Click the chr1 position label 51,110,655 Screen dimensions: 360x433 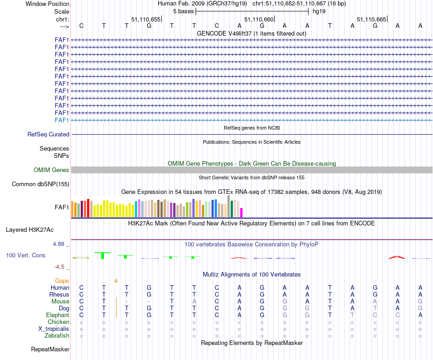(146, 19)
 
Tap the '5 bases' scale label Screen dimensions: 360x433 (183, 11)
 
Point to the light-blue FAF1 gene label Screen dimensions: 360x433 (62, 120)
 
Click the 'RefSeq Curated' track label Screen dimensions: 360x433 (48, 135)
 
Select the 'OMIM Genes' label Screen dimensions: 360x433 (52, 170)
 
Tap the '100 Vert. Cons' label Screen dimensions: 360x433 (26, 255)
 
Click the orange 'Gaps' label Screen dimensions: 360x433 (62, 281)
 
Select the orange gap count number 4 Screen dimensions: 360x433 (116, 281)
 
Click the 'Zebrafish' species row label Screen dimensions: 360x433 (57, 336)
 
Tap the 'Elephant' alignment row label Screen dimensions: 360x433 (57, 315)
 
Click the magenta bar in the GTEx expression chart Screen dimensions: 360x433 (242, 213)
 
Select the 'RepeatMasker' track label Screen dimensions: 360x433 (50, 350)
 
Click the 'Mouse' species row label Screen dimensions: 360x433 (60, 301)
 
